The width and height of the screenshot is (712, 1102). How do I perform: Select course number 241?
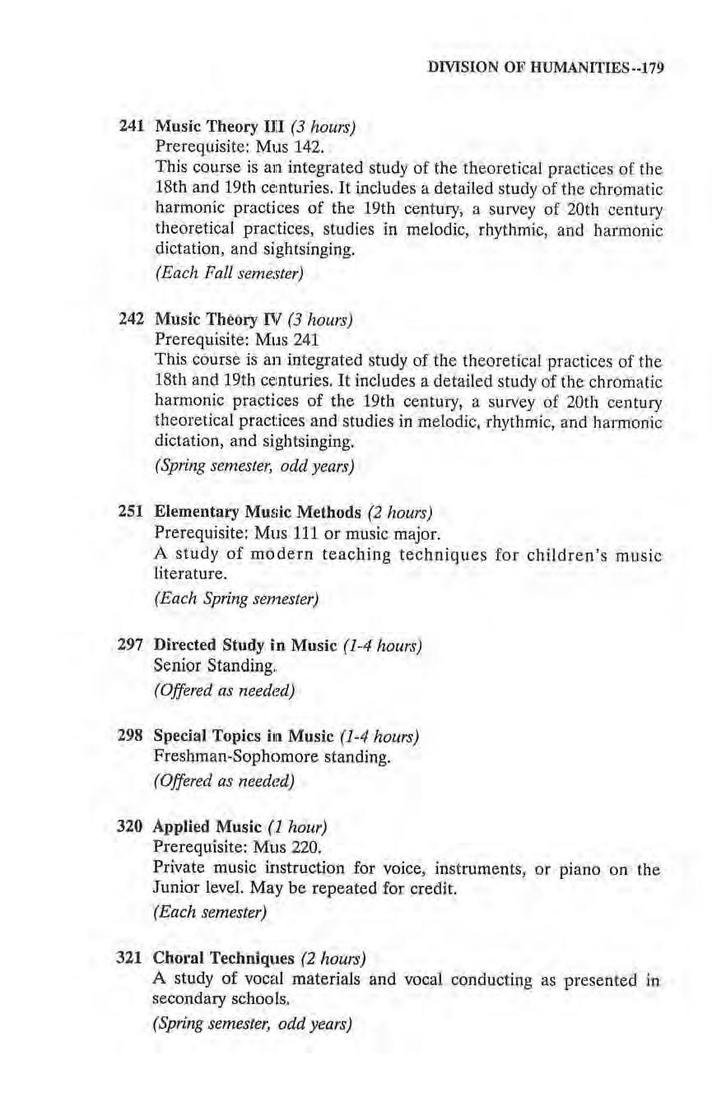pyautogui.click(x=133, y=128)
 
